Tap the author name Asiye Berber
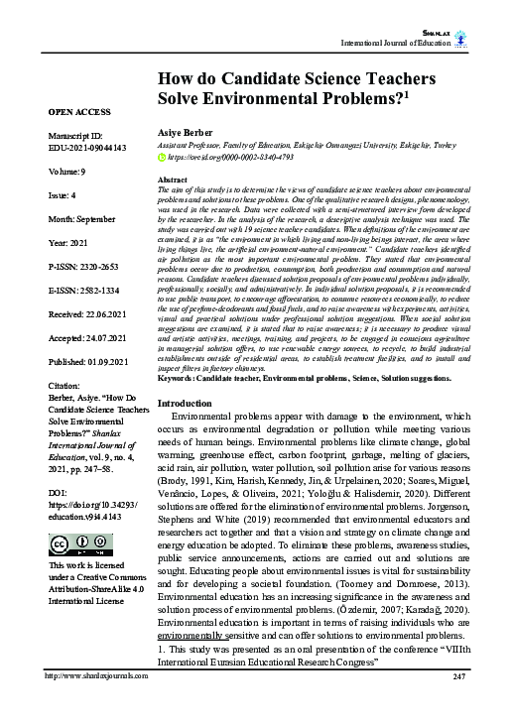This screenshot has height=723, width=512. pos(185,132)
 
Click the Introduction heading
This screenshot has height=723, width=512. pos(192,431)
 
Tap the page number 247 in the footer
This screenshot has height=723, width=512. pos(457,705)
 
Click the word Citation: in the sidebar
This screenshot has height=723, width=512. pos(65,385)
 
